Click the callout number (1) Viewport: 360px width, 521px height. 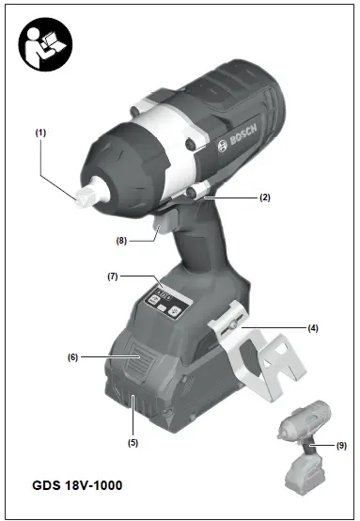tap(40, 134)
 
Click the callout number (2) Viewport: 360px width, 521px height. tap(265, 197)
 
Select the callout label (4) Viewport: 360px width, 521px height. tap(313, 327)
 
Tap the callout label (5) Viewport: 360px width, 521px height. tap(133, 441)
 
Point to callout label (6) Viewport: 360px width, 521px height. tap(72, 356)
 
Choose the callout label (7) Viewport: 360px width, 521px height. tap(111, 276)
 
